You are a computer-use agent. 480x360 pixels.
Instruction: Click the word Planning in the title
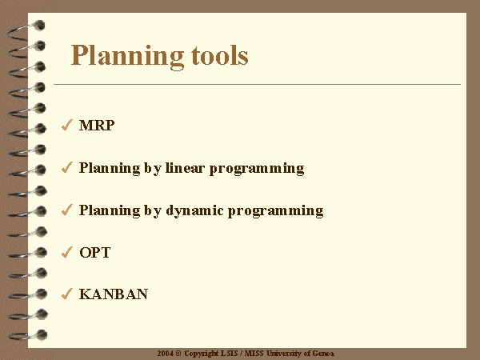127,56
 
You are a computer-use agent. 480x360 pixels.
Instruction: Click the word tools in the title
220,55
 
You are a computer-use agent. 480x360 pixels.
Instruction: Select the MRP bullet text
97,126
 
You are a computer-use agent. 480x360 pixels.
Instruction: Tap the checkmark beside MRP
66,125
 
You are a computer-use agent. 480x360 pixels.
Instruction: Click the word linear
185,168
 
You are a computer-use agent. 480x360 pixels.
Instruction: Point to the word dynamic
194,210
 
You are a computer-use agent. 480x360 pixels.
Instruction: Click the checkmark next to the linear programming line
66,167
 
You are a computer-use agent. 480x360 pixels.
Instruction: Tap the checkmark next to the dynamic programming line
66,210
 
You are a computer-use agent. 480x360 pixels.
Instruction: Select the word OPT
94,253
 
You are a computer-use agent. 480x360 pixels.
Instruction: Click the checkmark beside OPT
66,252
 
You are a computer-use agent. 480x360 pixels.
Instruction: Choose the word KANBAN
114,294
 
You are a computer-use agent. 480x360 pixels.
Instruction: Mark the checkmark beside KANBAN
66,294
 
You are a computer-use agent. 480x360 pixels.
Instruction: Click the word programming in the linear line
257,169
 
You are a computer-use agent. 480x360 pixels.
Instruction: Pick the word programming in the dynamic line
275,211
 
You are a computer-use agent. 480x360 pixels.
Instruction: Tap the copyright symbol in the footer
178,354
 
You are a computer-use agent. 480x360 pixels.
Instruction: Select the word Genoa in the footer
323,354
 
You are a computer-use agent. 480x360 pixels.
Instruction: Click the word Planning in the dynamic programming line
110,211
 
